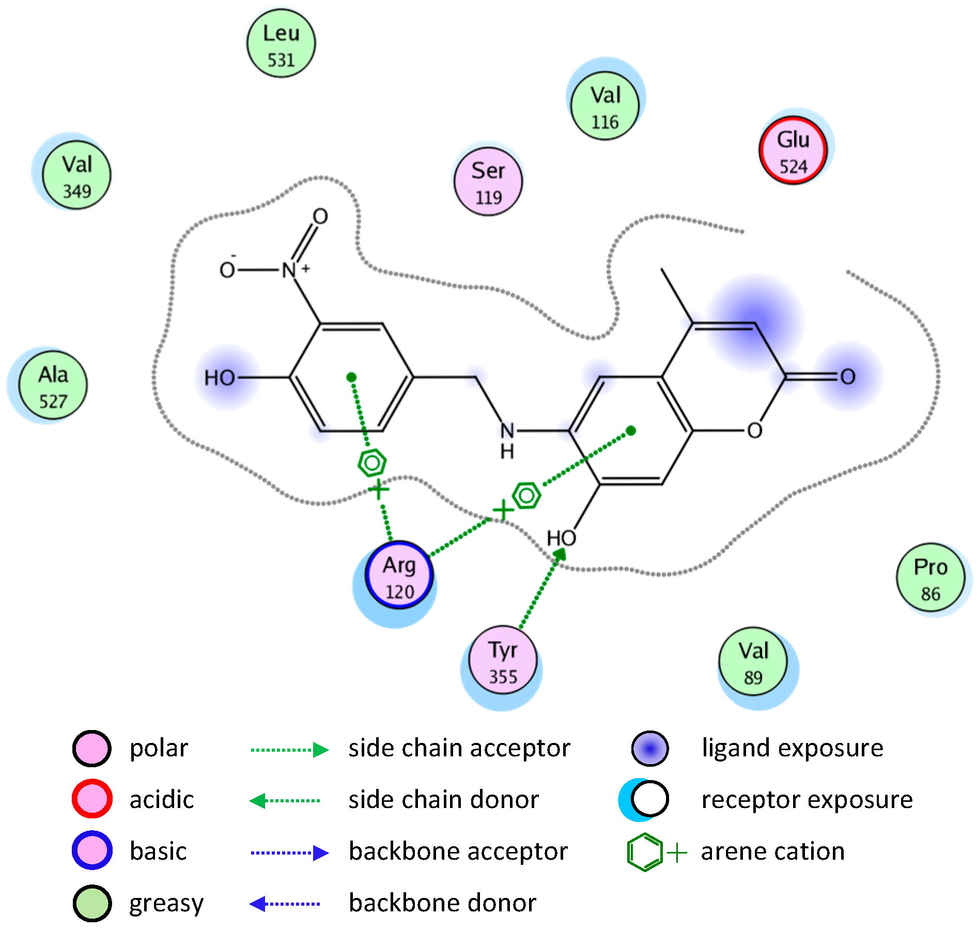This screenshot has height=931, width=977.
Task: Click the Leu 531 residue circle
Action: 281,44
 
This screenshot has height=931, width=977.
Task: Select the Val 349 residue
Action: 76,175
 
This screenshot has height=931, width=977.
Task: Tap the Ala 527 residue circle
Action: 53,385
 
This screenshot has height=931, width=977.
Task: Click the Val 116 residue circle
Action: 604,106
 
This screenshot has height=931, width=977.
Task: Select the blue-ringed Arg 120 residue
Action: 399,576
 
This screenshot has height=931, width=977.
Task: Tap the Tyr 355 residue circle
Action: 503,661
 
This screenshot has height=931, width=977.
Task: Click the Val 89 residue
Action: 753,662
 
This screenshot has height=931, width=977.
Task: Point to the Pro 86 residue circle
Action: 930,578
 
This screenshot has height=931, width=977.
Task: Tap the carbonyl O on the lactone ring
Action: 847,377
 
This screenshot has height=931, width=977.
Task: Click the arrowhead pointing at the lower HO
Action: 560,554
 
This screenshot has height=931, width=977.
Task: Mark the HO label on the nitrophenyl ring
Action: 220,378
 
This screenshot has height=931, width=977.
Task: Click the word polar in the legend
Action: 159,748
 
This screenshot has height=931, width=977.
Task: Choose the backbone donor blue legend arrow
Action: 285,904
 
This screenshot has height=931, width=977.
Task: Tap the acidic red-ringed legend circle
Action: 92,799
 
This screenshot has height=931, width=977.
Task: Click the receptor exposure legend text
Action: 807,800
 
